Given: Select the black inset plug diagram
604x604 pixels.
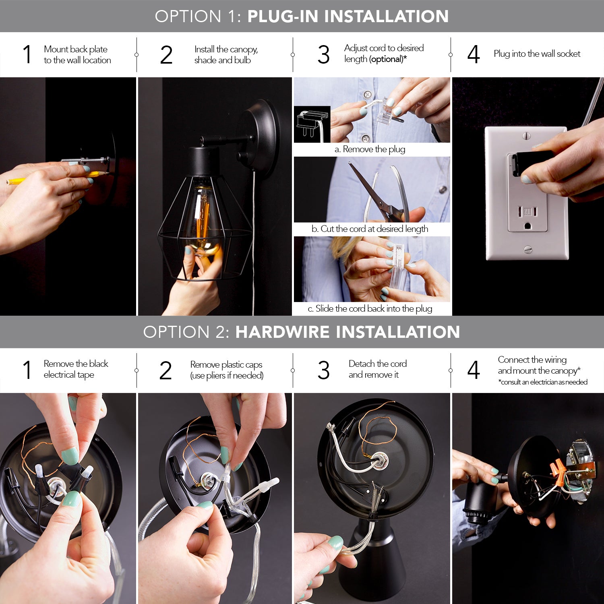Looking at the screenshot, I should click(312, 124).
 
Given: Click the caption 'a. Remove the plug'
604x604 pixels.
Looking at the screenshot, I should click(370, 149).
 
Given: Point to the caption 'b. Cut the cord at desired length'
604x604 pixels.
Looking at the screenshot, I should click(370, 229).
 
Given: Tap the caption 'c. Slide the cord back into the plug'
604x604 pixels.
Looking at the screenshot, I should click(370, 309).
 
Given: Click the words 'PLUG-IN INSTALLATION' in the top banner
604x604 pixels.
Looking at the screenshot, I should click(348, 17).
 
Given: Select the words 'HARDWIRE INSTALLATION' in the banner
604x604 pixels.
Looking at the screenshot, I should click(348, 332).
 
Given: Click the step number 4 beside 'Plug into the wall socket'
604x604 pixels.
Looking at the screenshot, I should click(474, 55).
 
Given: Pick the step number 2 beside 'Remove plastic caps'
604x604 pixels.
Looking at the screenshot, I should click(165, 370).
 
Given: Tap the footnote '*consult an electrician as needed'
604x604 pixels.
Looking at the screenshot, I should click(542, 382).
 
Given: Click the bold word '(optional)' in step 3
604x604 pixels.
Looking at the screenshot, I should click(387, 59).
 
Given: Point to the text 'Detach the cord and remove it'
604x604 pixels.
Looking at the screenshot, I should click(377, 369).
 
